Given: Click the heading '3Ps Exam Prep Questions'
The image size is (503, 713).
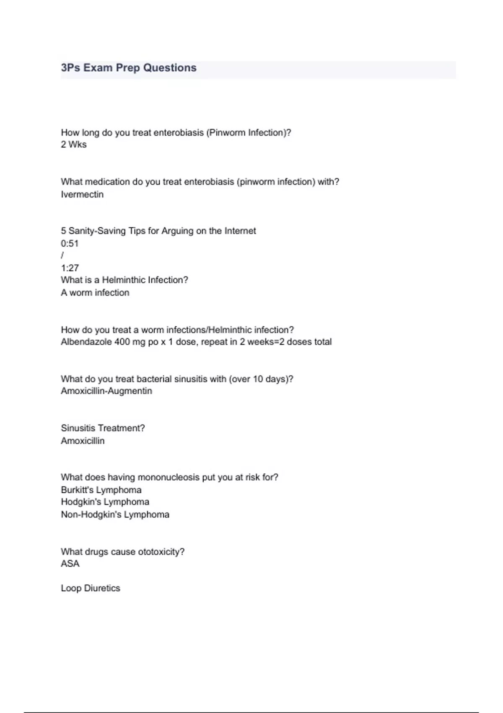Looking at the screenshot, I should pos(129,68).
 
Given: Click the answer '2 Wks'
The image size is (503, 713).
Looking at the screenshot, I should pos(74,145).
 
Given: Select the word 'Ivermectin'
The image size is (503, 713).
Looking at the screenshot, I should pos(82,195).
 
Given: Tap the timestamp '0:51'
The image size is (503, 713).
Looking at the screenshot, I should pos(70,244).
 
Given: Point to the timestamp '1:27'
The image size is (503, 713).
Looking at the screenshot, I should pos(70,268).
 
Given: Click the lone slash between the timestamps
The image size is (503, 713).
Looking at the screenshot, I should pos(62,255).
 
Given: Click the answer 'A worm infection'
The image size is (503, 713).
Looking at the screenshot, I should pos(95,293).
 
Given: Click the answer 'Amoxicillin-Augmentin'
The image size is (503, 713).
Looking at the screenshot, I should pos(106,391).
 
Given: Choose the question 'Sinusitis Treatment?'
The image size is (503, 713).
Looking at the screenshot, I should pos(103,428).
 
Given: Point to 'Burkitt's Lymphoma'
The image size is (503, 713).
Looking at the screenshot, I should pos(101,490).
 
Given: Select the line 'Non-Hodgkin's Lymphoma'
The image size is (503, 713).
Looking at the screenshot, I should pos(115,515).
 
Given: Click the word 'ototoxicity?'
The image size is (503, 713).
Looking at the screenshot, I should pos(161,552).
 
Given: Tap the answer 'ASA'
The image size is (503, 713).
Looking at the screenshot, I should pos(70,564).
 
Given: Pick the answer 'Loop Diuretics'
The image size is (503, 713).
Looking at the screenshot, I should pos(91,588).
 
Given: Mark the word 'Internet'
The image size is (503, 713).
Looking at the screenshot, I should pos(240,231).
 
